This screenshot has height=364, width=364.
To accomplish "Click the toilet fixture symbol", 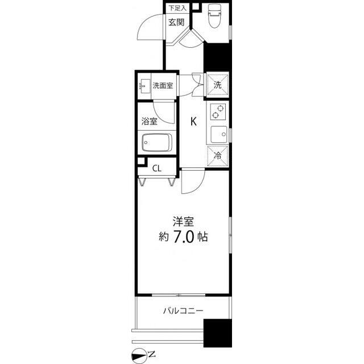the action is [214, 16].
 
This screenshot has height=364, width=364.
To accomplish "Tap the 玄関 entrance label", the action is [176, 22].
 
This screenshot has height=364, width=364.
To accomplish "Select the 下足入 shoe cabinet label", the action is [177, 9].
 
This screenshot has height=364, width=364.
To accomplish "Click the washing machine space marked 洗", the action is [217, 85].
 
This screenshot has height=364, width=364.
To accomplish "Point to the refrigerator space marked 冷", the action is [217, 156].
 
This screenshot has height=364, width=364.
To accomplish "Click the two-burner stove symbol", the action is [218, 111].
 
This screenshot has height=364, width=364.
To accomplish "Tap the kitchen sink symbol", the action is [219, 134].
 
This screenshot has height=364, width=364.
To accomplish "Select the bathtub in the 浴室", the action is [157, 143].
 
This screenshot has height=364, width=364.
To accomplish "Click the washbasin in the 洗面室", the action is [144, 86].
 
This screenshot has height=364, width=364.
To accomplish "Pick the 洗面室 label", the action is [163, 86].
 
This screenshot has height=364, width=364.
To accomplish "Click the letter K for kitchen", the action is [193, 121].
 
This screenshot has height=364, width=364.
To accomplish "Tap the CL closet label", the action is [157, 168].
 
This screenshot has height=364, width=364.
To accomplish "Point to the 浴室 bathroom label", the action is [149, 121].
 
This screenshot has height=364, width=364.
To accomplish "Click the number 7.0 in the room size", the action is [183, 237].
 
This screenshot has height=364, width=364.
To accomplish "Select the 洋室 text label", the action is [183, 222].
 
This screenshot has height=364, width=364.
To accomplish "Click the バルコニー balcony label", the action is [183, 311].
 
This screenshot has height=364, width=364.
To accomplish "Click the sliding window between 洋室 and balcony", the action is [179, 295].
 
